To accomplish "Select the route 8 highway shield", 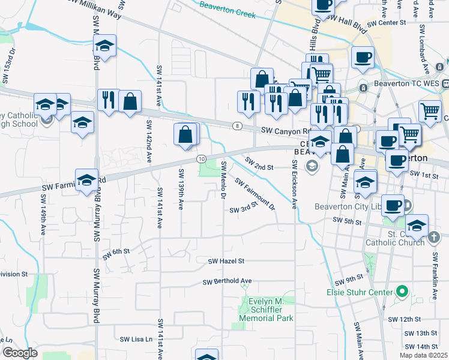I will pyautogui.click(x=237, y=125).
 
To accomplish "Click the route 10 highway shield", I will pyautogui.click(x=201, y=158).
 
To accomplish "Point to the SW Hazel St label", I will pyautogui.click(x=226, y=261).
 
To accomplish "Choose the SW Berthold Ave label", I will pyautogui.click(x=227, y=281).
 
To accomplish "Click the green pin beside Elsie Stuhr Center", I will pyautogui.click(x=402, y=293).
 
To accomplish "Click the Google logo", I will pyautogui.click(x=20, y=353).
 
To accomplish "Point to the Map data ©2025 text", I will pyautogui.click(x=423, y=355).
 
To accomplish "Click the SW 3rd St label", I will pyautogui.click(x=243, y=208).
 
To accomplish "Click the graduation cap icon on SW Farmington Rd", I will pyautogui.click(x=86, y=181).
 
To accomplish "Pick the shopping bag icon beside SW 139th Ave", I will pyautogui.click(x=186, y=135).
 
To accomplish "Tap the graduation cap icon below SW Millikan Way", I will pyautogui.click(x=104, y=47).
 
